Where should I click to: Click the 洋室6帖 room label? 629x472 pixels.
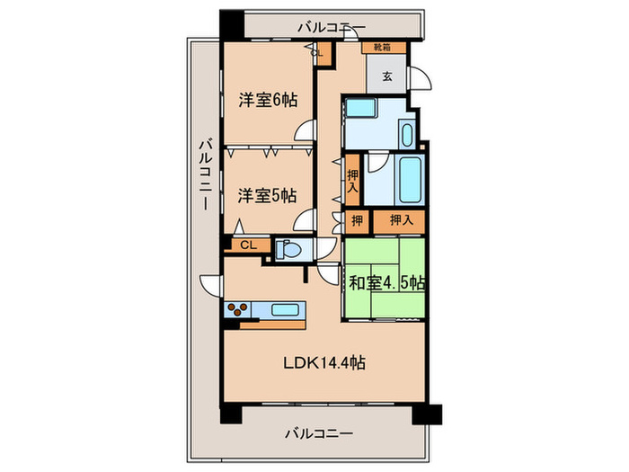[x=267, y=100]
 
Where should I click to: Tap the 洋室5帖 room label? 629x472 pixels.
[x=267, y=194]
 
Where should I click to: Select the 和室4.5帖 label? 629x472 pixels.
[x=386, y=283]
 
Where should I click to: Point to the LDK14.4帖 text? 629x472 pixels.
[x=324, y=363]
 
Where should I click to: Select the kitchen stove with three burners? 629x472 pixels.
[x=238, y=310]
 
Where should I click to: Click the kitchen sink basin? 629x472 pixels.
[x=285, y=310]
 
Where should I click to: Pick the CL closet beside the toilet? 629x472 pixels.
[x=247, y=245]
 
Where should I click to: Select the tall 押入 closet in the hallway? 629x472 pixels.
[x=352, y=183]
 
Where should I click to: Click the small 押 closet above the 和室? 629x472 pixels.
[x=356, y=219]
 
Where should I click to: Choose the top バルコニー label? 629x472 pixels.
[x=332, y=27]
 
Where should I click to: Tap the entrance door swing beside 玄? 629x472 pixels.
[x=420, y=80]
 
